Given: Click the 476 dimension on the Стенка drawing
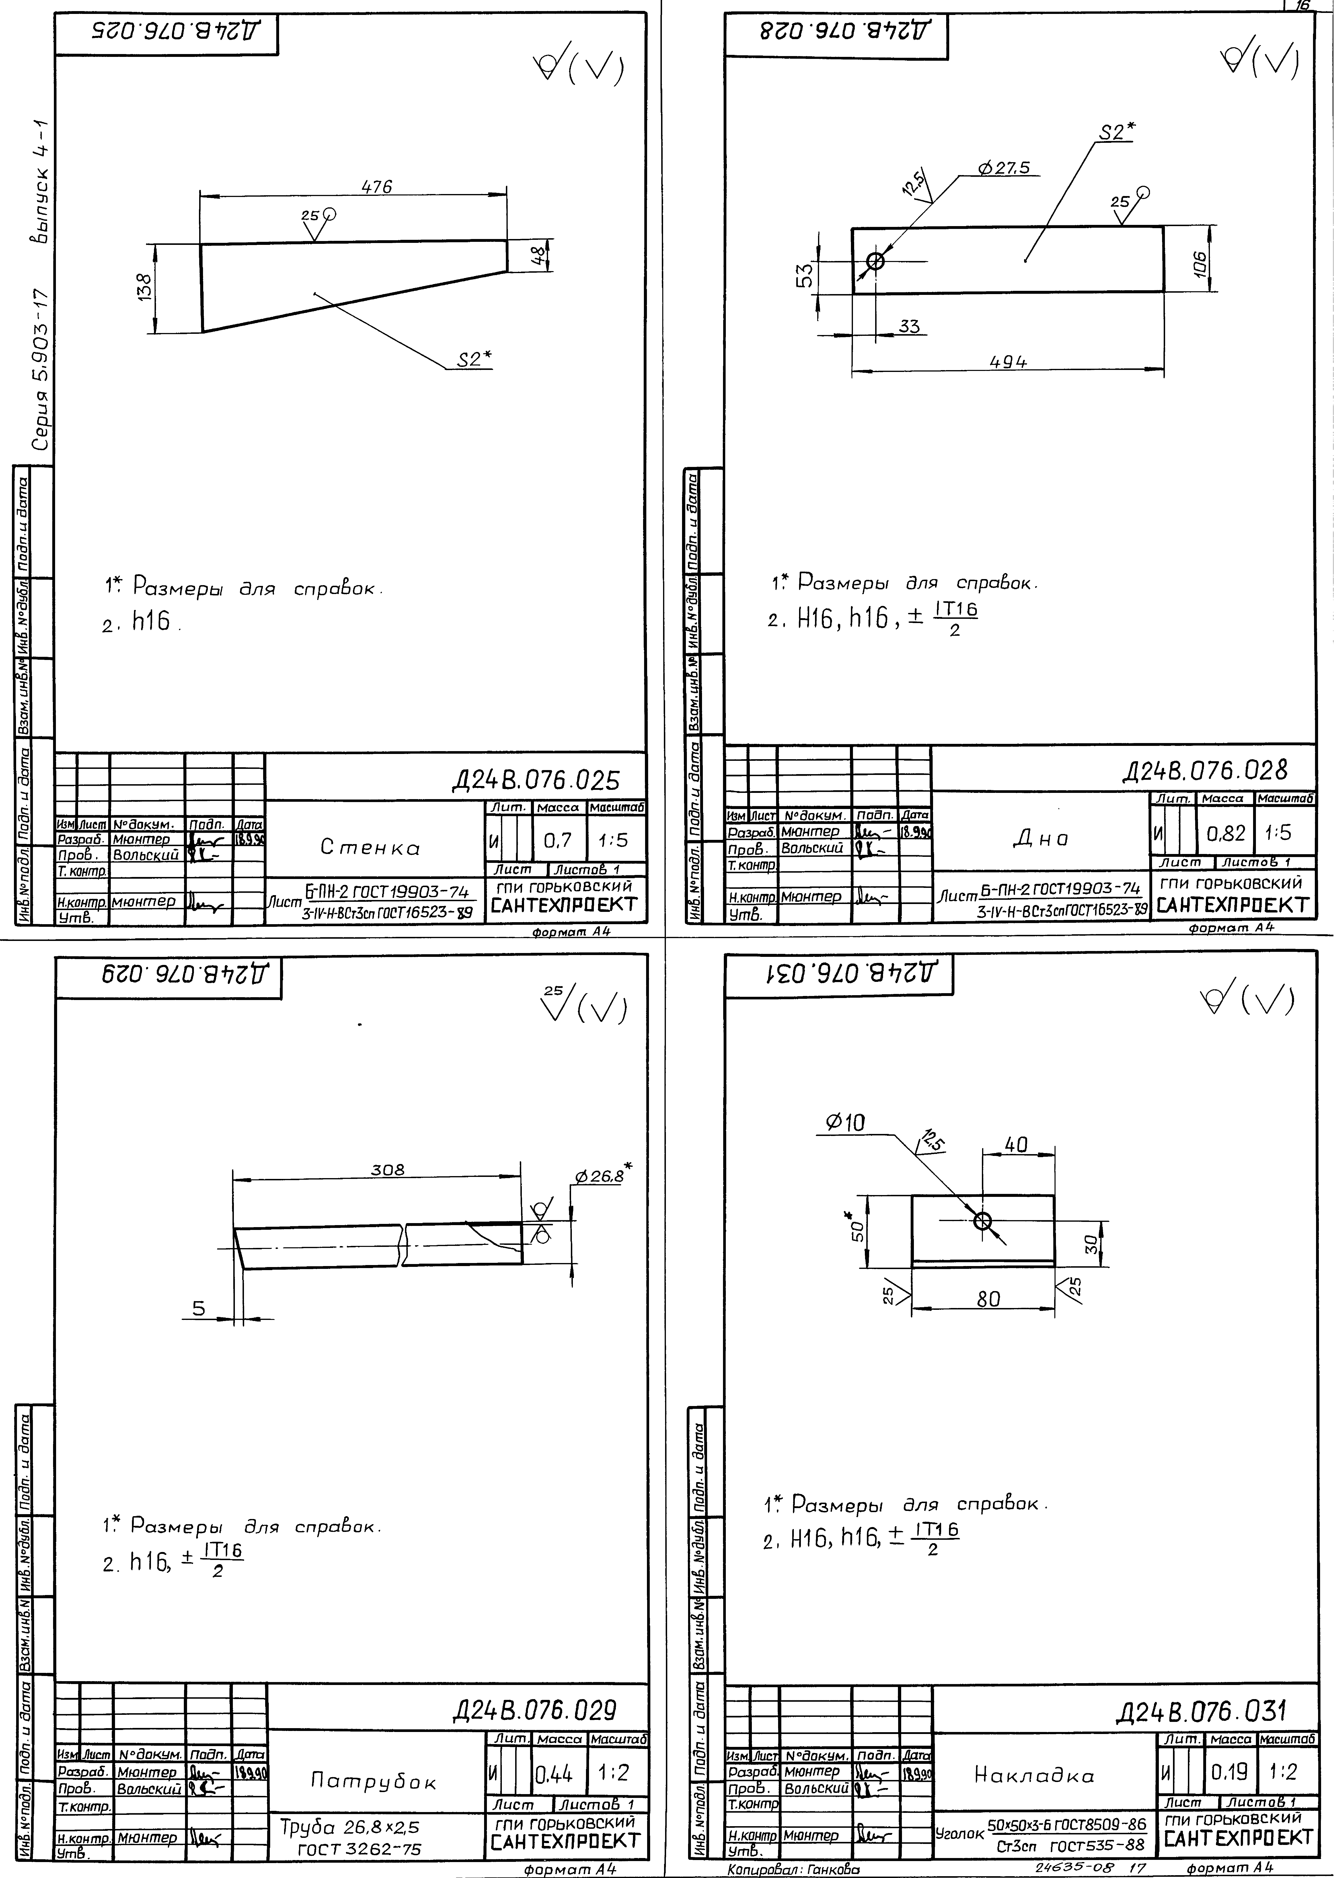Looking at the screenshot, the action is (x=377, y=186).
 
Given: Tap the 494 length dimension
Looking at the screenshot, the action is (x=1008, y=361).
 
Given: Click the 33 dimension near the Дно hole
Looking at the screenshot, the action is (x=908, y=326).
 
